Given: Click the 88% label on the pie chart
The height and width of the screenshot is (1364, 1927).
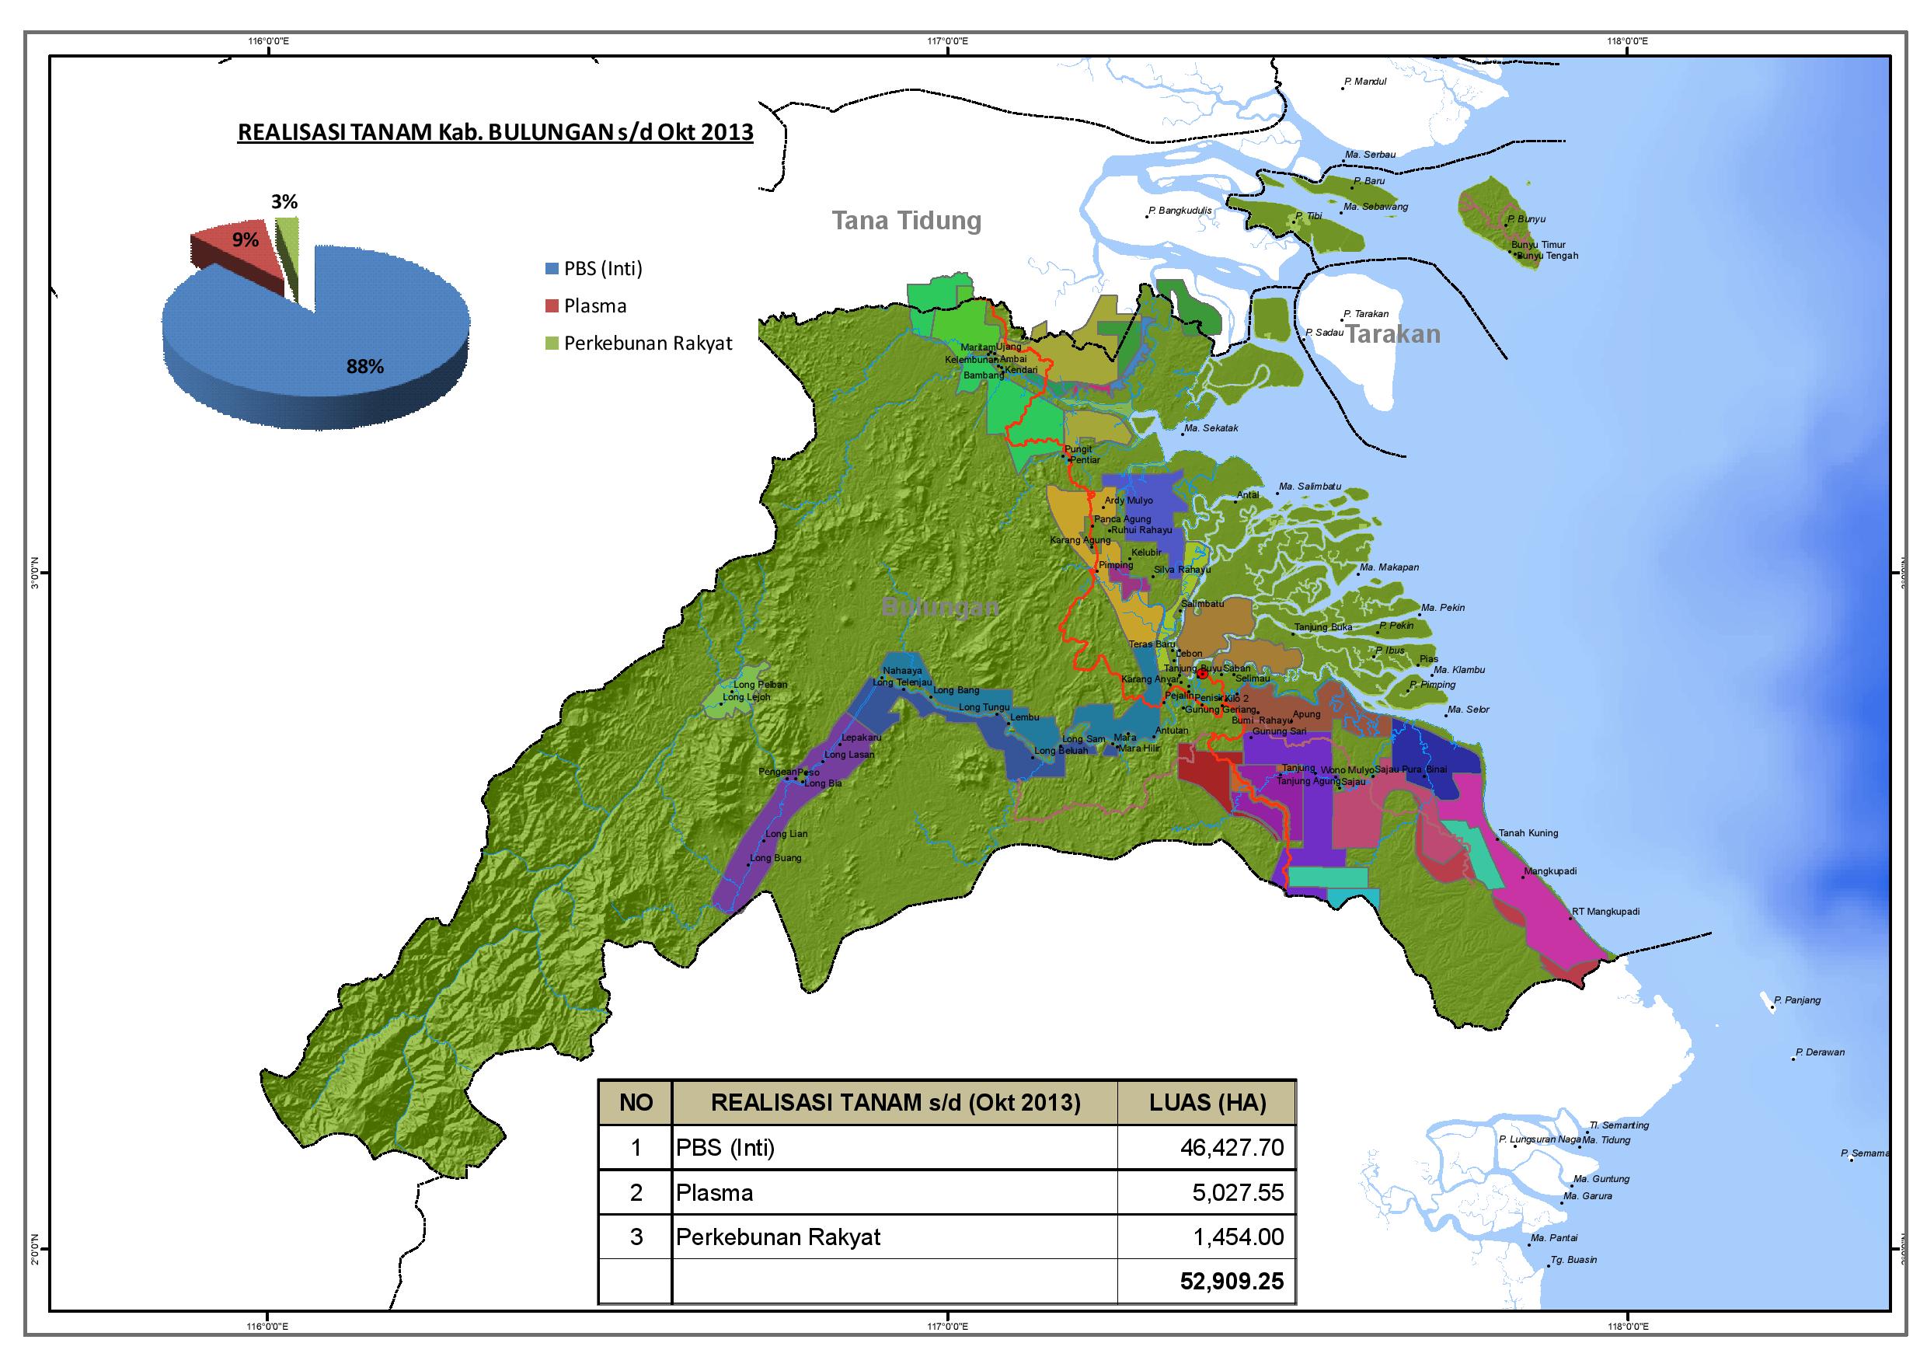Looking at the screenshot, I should [365, 366].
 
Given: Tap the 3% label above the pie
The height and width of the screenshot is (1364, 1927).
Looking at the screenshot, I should [284, 201].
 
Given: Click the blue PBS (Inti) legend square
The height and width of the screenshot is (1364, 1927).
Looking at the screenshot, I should [552, 269].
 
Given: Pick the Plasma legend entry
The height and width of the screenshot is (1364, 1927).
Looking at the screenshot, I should [594, 305].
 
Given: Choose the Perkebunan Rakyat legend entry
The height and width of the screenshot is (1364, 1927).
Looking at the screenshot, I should [647, 344].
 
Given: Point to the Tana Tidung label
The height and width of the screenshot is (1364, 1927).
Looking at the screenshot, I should [906, 221].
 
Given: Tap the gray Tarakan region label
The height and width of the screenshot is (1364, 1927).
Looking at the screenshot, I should [1393, 334].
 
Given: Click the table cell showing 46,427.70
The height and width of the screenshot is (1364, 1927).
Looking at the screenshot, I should [1231, 1147].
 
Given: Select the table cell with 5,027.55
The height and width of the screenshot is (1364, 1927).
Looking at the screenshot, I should [1238, 1193].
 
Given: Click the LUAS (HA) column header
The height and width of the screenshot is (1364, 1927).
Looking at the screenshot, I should [1207, 1103].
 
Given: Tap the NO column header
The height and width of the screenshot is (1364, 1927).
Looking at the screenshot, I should [636, 1103].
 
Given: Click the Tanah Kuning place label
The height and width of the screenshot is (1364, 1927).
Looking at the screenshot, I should [1528, 833].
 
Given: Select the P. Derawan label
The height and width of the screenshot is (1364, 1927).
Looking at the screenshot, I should [1821, 1052].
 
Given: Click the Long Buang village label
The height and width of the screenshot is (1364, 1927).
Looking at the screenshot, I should [775, 858].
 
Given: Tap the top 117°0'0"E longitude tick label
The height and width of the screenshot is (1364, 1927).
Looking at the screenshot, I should [947, 41].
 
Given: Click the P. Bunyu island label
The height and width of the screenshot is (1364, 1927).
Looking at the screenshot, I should [1527, 219].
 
